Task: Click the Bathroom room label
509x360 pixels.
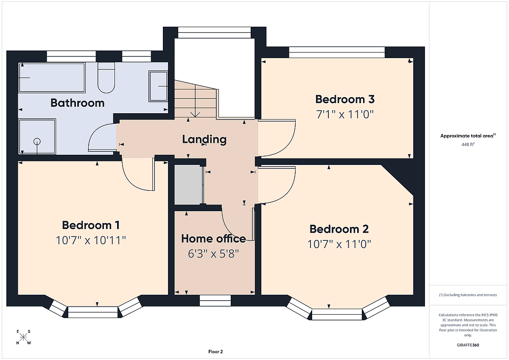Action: pyautogui.click(x=78, y=103)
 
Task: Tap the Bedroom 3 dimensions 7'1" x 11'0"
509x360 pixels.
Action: pyautogui.click(x=345, y=114)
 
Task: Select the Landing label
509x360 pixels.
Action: pyautogui.click(x=204, y=139)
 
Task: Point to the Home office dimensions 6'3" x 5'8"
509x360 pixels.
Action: pyautogui.click(x=213, y=254)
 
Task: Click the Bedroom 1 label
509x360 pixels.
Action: pyautogui.click(x=91, y=225)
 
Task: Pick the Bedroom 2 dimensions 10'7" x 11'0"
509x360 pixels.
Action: pyautogui.click(x=339, y=244)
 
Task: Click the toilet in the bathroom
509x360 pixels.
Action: pyautogui.click(x=106, y=78)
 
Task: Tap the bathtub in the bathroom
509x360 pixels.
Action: pyautogui.click(x=52, y=78)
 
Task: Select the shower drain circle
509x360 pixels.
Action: pyautogui.click(x=37, y=142)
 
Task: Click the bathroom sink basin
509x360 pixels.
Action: pyautogui.click(x=158, y=86)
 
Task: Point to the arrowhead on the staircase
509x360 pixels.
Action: pyautogui.click(x=195, y=114)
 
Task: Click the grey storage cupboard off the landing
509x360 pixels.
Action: pyautogui.click(x=188, y=184)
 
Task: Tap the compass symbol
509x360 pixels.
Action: pyautogui.click(x=23, y=337)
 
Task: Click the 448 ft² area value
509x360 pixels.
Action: pyautogui.click(x=468, y=144)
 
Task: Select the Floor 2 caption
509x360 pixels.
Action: pyautogui.click(x=215, y=352)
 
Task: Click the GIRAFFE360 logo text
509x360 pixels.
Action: pyautogui.click(x=468, y=345)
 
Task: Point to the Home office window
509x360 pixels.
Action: pyautogui.click(x=215, y=301)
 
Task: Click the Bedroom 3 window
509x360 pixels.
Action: pyautogui.click(x=337, y=52)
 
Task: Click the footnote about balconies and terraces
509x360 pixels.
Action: pyautogui.click(x=468, y=295)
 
